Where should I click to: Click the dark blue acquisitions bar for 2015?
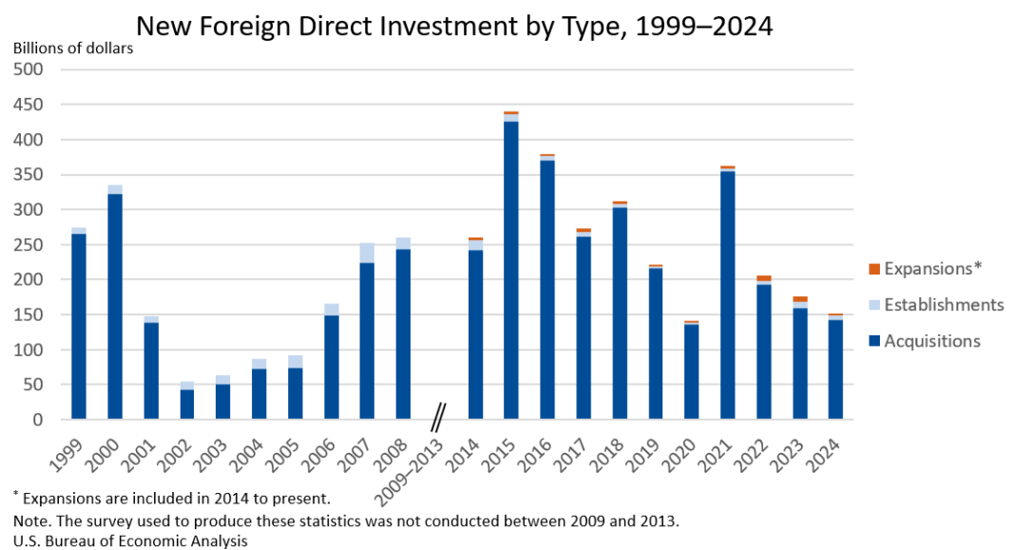point(511,271)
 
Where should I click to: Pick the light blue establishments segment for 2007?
point(367,253)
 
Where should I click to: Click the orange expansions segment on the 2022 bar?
point(764,278)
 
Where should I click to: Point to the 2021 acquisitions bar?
point(728,294)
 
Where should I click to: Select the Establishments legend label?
point(943,305)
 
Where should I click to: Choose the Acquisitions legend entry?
point(931,341)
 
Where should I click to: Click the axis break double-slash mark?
point(439,416)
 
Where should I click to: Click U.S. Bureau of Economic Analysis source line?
point(130,540)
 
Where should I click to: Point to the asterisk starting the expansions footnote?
point(15,494)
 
